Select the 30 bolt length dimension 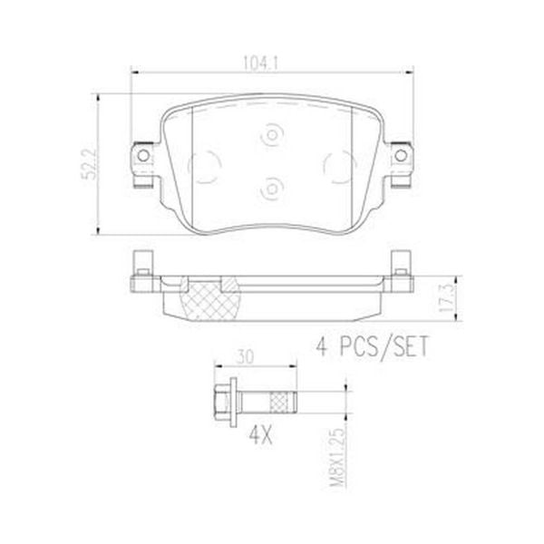tap(245, 355)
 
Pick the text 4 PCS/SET tap(370, 346)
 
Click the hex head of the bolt tap(221, 399)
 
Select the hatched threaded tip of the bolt tap(282, 399)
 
